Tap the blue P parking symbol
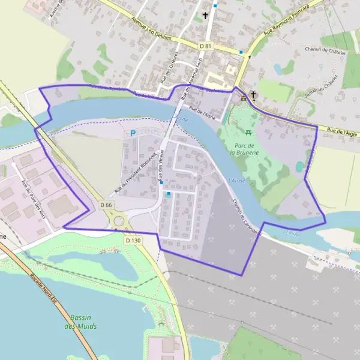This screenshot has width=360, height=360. (x=133, y=133)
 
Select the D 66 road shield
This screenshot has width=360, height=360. (x=106, y=205)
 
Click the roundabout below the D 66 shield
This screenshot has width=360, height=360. (x=119, y=221)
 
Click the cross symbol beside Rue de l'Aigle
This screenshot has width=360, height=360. (x=253, y=94)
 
